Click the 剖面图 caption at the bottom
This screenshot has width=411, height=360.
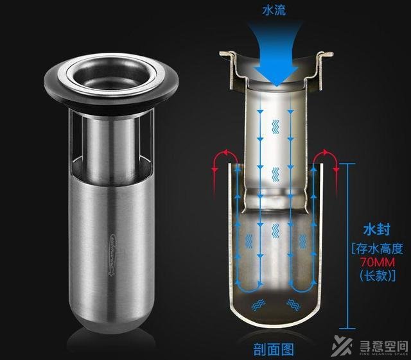pos(274,349)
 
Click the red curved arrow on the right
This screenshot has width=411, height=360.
pos(328,161)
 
